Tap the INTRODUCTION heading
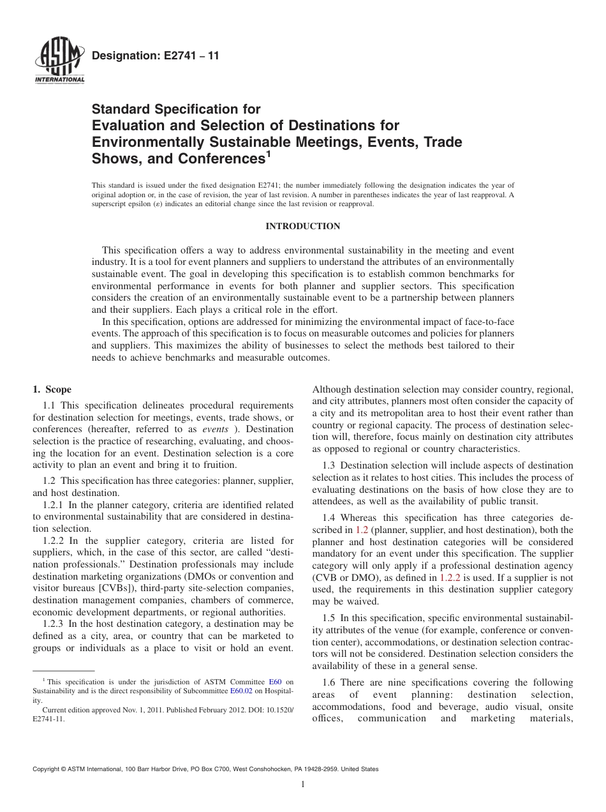(x=302, y=226)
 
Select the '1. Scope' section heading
(x=52, y=389)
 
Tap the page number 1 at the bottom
(x=303, y=785)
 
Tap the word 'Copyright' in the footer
(x=47, y=770)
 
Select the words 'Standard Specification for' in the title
(x=176, y=109)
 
